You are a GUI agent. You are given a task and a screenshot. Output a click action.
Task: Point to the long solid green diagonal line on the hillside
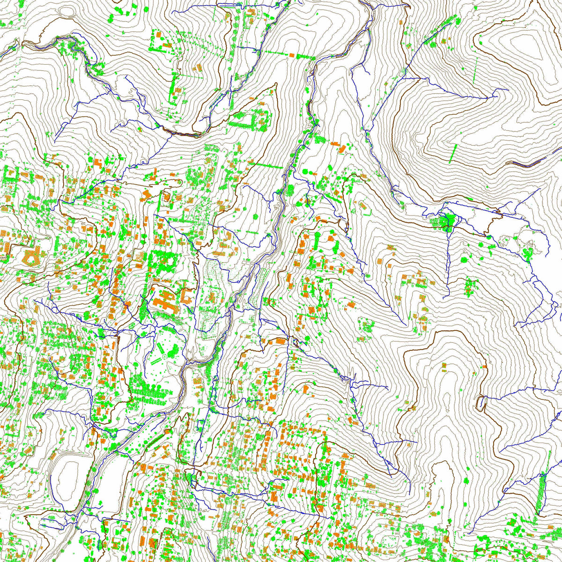(x=453, y=154)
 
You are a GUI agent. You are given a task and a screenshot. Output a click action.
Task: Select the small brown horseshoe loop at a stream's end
(x=481, y=402)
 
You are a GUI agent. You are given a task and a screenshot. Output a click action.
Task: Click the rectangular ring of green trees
(x=255, y=120)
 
